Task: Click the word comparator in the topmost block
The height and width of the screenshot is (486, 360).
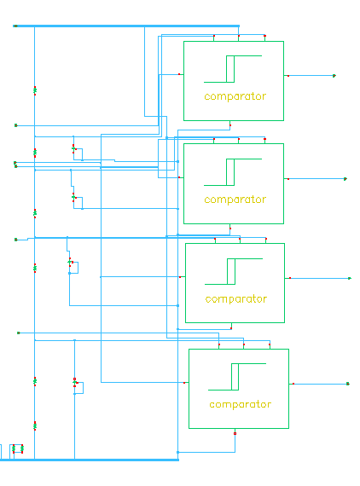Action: pos(235,96)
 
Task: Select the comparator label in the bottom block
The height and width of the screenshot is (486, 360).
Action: pos(241,404)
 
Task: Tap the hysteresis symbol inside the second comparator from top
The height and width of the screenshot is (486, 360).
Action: pos(233,172)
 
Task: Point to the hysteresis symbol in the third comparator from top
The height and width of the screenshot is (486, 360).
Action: pos(234,271)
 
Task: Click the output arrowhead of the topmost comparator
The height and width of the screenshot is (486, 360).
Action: pos(334,76)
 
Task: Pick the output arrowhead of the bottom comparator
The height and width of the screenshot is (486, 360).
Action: pos(348,384)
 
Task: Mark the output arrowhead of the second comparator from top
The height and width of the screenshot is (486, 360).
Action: pos(345,179)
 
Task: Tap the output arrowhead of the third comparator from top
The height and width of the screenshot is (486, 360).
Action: pos(350,278)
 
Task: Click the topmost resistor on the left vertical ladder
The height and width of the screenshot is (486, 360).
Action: pos(35,91)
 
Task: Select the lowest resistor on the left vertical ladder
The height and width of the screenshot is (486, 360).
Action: pos(35,425)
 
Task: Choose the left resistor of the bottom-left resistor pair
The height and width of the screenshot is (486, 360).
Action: pos(14,448)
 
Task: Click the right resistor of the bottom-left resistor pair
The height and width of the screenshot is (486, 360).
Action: pos(22,448)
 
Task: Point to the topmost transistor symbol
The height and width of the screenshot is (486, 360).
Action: pos(74,148)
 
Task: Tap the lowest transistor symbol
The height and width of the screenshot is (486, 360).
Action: pos(75,383)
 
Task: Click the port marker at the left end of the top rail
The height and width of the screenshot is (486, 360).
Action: pos(15,26)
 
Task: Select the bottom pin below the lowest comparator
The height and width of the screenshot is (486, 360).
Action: pos(235,433)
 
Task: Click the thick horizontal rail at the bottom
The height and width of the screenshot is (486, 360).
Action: pos(90,460)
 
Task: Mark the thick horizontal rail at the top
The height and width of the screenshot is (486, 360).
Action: pos(126,26)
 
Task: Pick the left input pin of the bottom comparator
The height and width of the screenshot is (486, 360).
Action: pos(184,383)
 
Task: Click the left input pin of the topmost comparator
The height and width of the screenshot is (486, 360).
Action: pos(179,74)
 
